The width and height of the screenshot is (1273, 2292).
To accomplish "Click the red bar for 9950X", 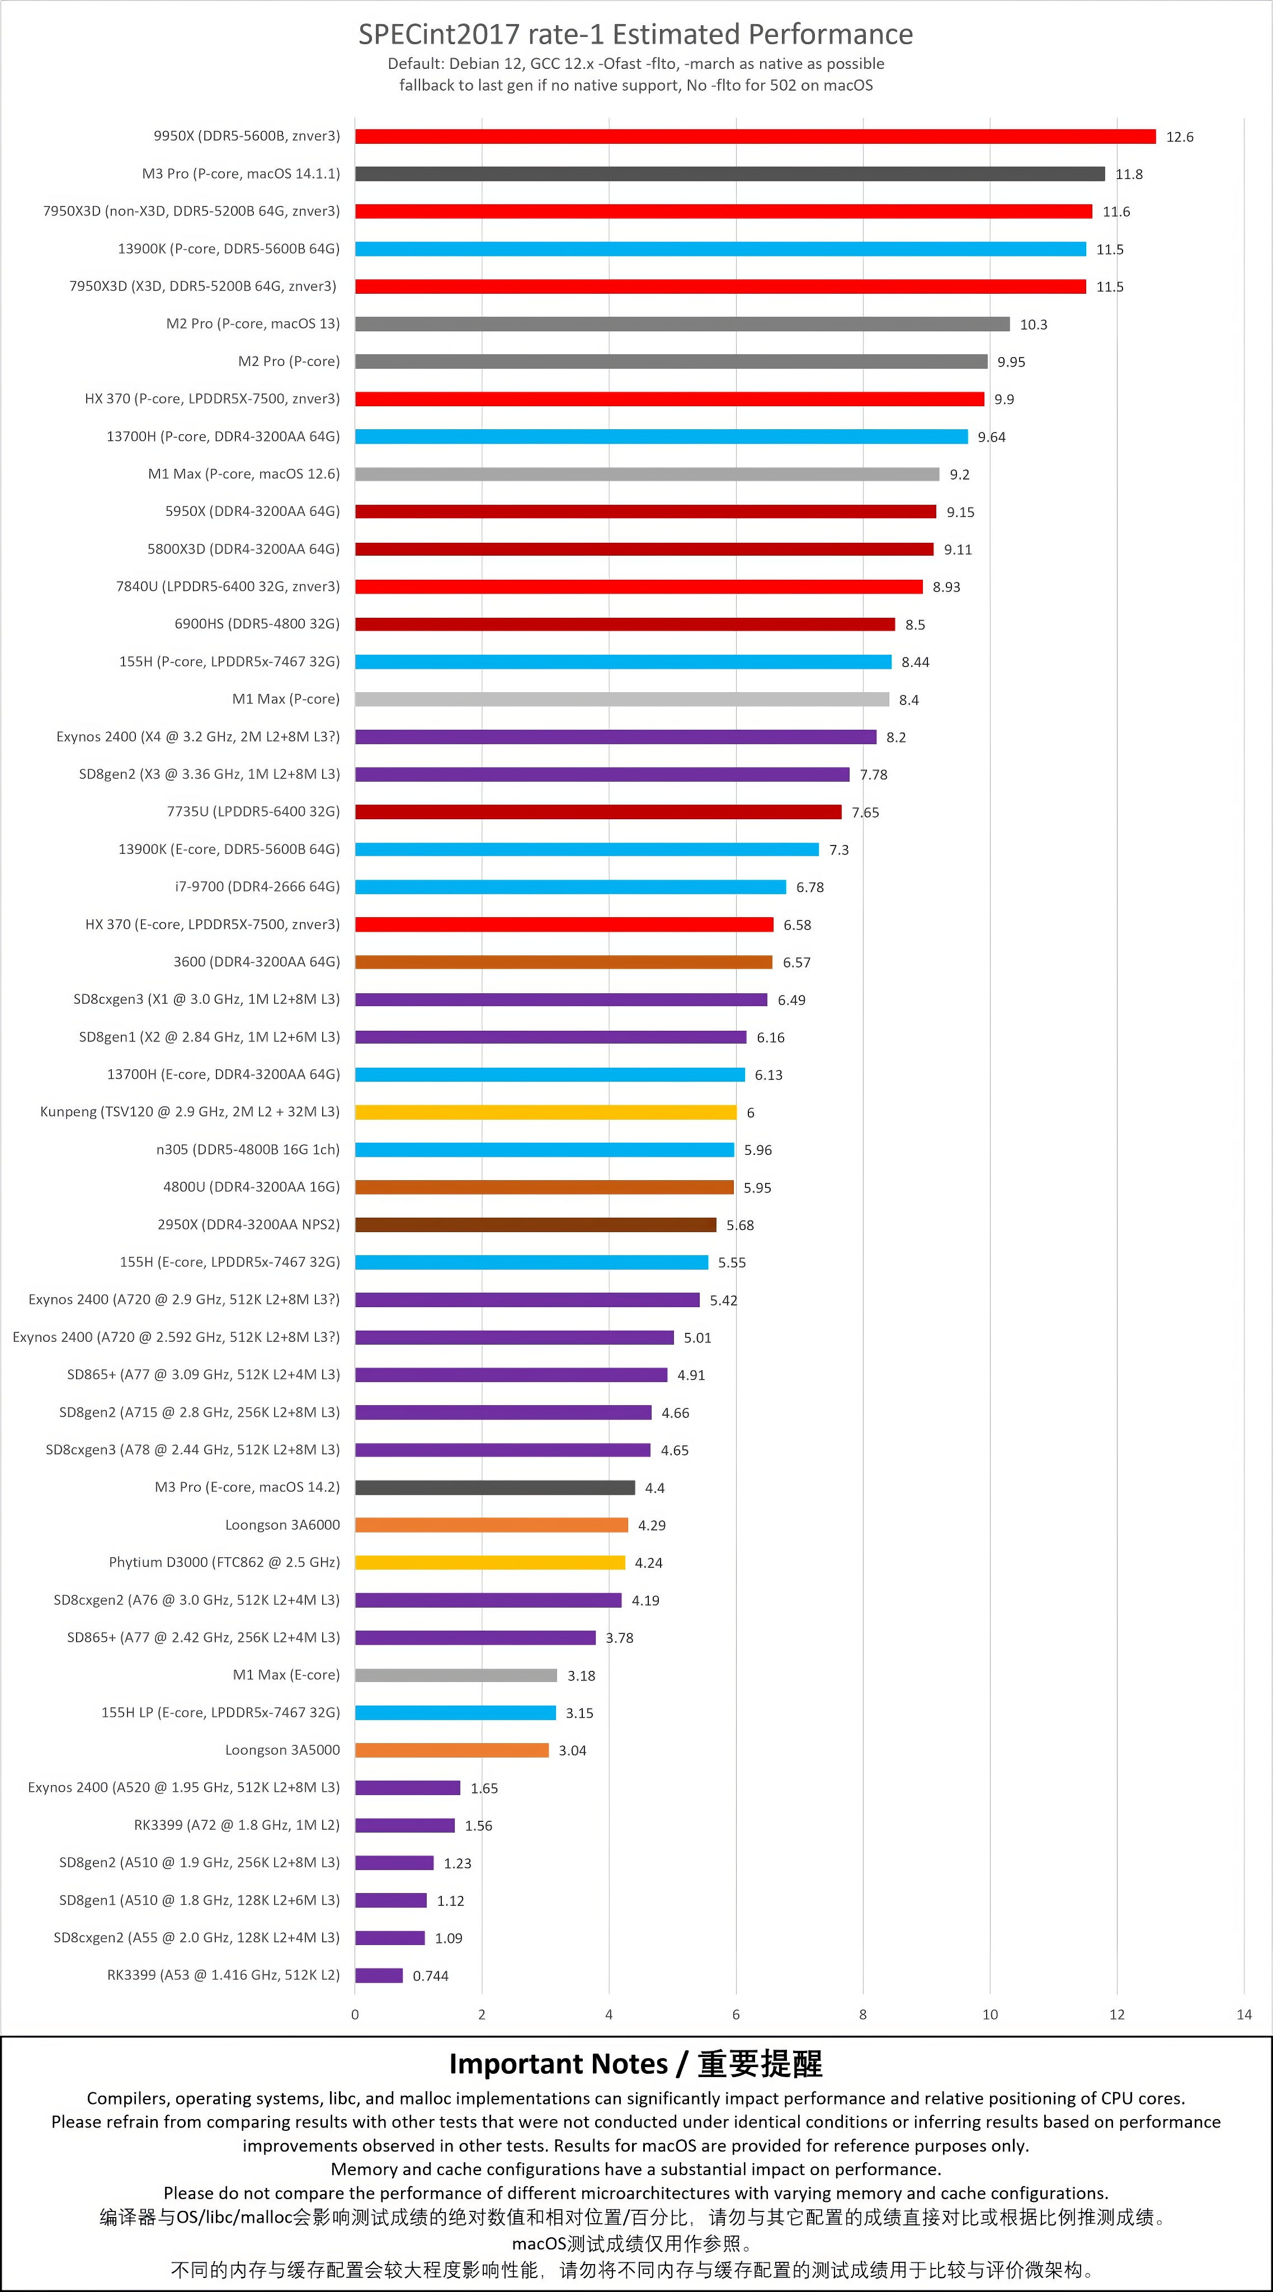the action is click(755, 136).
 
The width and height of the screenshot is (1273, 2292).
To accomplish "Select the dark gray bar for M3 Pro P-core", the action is click(729, 173).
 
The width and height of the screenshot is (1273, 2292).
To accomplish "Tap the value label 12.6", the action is click(1180, 137).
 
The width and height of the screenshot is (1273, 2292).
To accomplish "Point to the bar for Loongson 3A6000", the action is click(491, 1525).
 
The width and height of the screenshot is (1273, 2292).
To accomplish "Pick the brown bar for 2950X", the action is click(535, 1224).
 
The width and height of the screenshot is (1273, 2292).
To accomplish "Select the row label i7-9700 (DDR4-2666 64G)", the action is click(257, 887).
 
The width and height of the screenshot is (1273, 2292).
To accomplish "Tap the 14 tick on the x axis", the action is click(1244, 2014).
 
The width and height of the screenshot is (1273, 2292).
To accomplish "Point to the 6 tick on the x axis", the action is click(735, 2014).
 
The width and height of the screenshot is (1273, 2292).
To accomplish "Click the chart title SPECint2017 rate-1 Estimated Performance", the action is click(636, 34).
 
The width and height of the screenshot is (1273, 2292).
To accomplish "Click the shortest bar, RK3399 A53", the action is click(379, 1975).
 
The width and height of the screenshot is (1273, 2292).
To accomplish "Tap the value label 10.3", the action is click(1034, 325).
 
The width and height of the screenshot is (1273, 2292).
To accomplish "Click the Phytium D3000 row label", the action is click(224, 1562).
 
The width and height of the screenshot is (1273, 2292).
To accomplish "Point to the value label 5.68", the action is click(740, 1225).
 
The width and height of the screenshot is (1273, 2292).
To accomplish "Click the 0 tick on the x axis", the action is click(355, 2014).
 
